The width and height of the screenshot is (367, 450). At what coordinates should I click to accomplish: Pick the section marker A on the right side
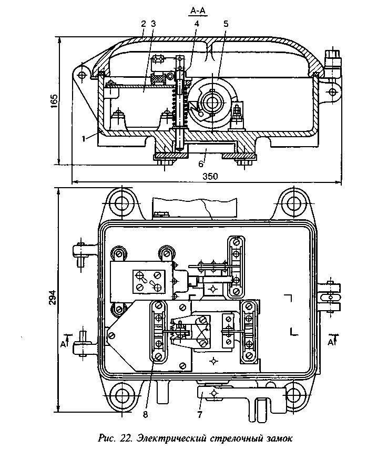(331, 342)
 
